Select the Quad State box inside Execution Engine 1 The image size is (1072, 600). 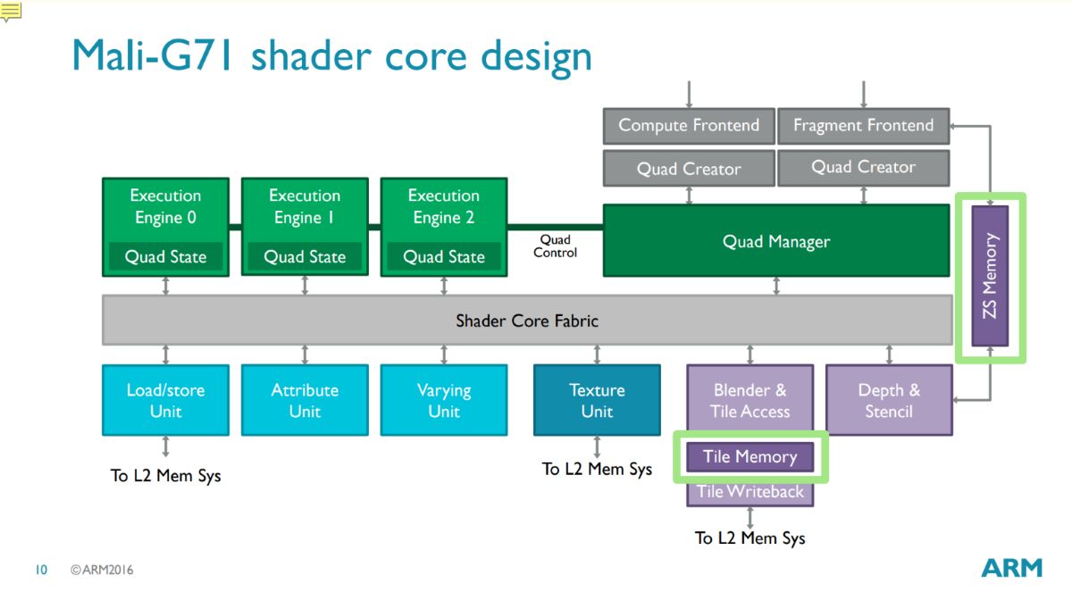coord(305,257)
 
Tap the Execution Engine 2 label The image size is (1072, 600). coord(444,206)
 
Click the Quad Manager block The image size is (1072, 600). coord(775,241)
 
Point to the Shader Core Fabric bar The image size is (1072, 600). coord(527,320)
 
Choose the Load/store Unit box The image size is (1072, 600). coord(165,400)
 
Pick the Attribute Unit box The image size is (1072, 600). coord(305,400)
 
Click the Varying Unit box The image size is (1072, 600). coord(444,400)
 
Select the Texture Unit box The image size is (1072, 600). coord(597,400)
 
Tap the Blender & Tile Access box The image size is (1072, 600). coord(750,400)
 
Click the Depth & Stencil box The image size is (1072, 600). coord(889,400)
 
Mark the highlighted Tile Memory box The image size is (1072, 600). coord(750,457)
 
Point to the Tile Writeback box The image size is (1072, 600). coord(750,492)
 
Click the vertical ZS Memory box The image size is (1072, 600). coord(990,276)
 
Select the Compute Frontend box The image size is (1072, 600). coord(689,125)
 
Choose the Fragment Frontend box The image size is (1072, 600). coord(863,125)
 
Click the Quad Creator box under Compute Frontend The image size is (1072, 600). coord(689,168)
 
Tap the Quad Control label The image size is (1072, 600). coord(555,246)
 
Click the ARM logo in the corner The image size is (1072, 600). coord(1011,568)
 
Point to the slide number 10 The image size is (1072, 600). coord(41,570)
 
